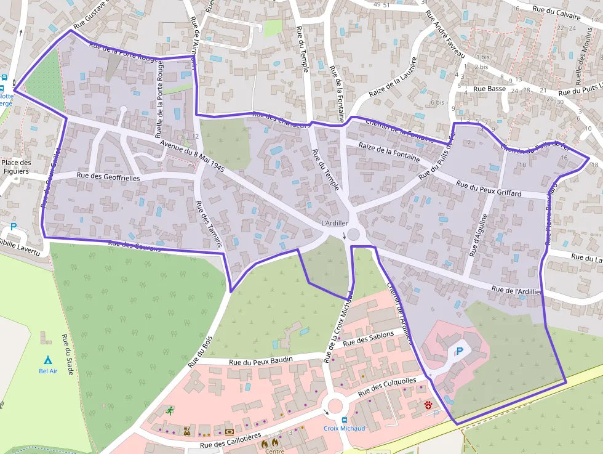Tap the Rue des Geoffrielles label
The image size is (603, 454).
point(109,177)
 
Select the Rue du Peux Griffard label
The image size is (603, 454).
point(489,188)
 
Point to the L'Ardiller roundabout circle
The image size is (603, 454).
point(353,234)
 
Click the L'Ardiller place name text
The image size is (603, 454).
point(335,223)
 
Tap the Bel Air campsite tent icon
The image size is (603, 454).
point(47,360)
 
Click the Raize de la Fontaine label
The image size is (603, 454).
point(389,152)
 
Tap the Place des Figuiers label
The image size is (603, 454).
point(17,167)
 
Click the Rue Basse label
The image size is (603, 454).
point(490,89)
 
